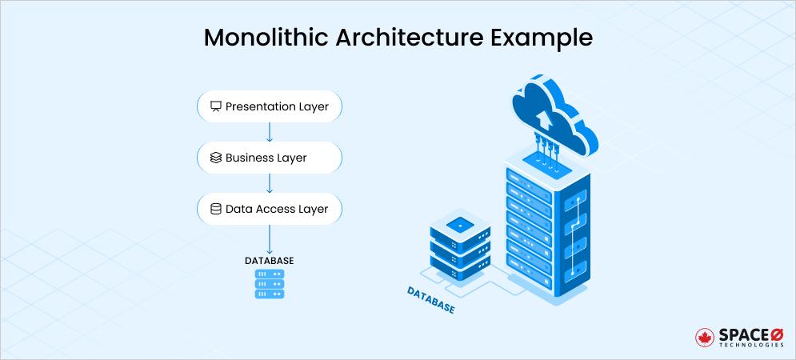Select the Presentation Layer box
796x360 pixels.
pos(270,106)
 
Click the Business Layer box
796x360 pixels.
pos(270,158)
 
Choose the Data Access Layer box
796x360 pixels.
pos(270,209)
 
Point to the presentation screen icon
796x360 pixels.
pos(215,106)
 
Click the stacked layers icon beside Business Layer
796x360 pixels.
pos(215,158)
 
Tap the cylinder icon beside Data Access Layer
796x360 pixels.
pos(215,209)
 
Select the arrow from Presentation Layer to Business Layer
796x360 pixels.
pos(270,132)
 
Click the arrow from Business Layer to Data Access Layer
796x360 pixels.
pos(270,183)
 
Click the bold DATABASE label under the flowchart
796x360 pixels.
pos(270,261)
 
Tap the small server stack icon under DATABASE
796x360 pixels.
pos(270,284)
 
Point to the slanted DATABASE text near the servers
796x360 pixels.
pos(430,299)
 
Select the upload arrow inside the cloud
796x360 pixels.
pos(544,120)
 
